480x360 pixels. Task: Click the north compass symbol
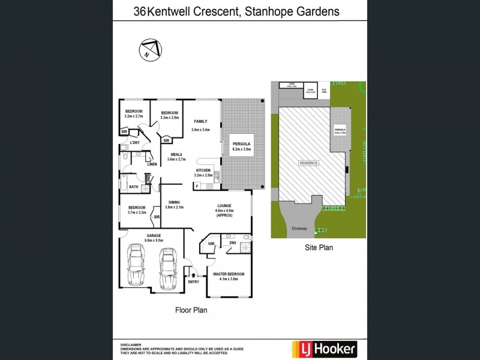coord(150,50)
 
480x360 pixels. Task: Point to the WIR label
coord(211,244)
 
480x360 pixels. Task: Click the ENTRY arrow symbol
coord(193,275)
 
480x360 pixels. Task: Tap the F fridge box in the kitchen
coord(197,187)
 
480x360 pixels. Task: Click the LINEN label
coord(152,164)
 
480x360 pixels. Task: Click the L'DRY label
coord(135,143)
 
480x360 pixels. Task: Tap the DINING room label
coord(174,202)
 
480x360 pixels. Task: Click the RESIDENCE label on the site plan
coord(309,163)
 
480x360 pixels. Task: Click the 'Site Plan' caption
coord(318,247)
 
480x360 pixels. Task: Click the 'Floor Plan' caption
coord(191,310)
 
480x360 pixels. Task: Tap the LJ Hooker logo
coord(324,348)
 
